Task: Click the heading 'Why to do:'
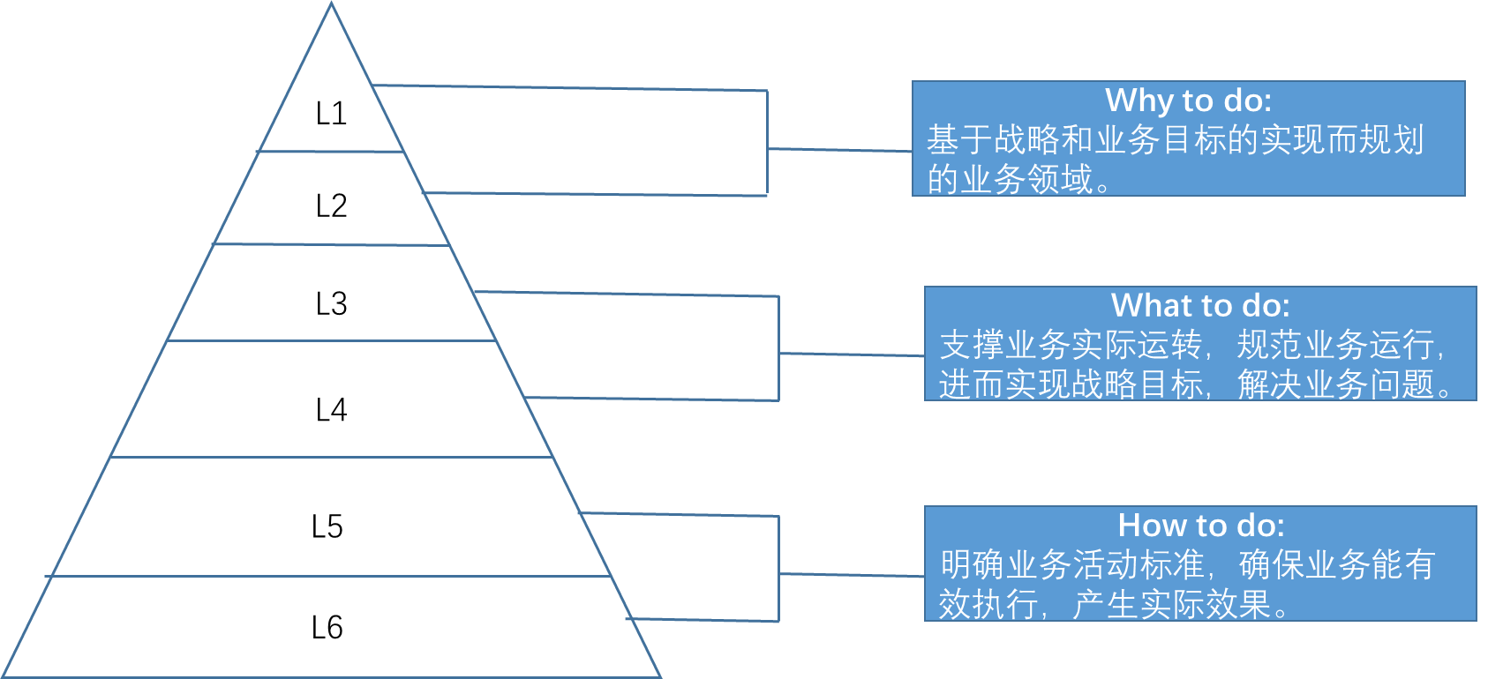[1188, 101]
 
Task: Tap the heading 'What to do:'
[1200, 306]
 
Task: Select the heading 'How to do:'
[1200, 526]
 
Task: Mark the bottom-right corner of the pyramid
[660, 676]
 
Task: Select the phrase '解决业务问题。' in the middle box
[1344, 384]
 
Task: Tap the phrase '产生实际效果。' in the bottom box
[1181, 604]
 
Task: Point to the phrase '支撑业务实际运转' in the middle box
[1071, 345]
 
